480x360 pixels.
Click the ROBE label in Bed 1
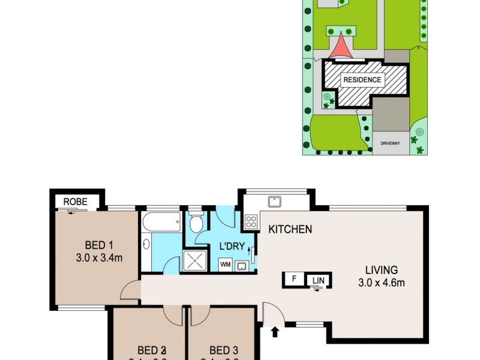76,202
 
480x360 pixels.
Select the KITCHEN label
290,229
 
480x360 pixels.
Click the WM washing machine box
226,265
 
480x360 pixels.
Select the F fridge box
294,279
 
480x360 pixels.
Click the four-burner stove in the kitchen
251,221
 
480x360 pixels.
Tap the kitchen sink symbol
275,202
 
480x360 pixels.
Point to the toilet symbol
196,224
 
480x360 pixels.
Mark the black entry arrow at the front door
276,331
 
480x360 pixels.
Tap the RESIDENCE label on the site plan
361,80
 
